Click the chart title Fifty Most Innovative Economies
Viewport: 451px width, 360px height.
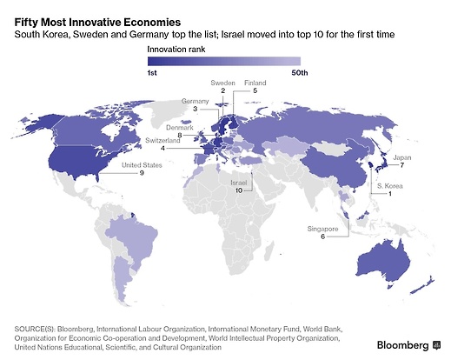(97, 23)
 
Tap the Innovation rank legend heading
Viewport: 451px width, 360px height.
(176, 50)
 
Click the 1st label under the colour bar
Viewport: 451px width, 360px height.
(152, 73)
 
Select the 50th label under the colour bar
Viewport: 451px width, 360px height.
(300, 73)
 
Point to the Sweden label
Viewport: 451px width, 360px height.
(222, 83)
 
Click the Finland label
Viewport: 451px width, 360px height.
(255, 83)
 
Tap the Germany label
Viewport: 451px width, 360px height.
(195, 101)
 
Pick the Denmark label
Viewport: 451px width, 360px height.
(180, 128)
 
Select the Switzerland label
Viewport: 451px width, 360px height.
(162, 141)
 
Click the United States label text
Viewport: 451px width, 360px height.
(142, 165)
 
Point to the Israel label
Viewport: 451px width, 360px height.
(239, 183)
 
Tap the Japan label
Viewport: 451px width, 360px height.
(402, 157)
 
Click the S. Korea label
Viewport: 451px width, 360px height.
(390, 186)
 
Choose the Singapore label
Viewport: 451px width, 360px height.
(322, 229)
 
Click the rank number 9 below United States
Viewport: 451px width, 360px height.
(142, 173)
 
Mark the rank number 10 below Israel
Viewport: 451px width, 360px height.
(239, 190)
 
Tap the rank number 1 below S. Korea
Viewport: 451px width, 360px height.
(390, 194)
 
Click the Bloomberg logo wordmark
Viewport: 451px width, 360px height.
(402, 345)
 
